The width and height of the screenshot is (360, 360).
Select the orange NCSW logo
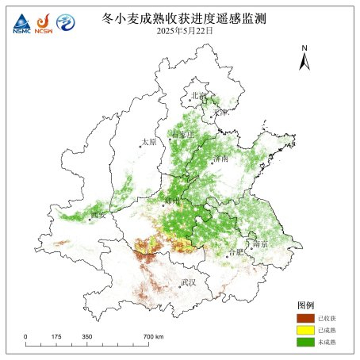(x=43, y=23)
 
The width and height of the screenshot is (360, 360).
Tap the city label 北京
(x=197, y=95)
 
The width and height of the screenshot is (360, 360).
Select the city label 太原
(x=148, y=142)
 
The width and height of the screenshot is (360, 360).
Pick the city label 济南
(x=220, y=159)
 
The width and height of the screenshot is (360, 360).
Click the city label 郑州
(x=172, y=200)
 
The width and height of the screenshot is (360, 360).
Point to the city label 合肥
(x=236, y=251)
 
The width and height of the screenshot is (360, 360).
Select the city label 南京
(x=259, y=244)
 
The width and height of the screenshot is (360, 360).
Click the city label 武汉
(x=188, y=281)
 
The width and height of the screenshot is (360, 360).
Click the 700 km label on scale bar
(x=154, y=337)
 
